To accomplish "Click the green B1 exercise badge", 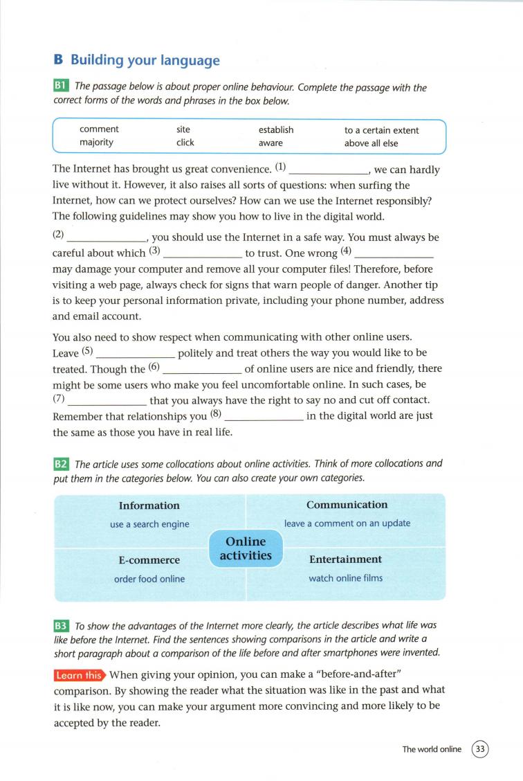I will (x=62, y=87).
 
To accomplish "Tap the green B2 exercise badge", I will (x=62, y=464).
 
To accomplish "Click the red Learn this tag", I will (x=79, y=674).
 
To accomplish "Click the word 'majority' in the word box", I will (x=96, y=143).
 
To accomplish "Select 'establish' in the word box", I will (x=276, y=129).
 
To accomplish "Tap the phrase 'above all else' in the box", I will (x=371, y=143).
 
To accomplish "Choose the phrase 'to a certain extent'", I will (x=382, y=129).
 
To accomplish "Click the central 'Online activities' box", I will (x=246, y=548).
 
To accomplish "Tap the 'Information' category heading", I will (x=149, y=505).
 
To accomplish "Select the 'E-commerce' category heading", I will (x=149, y=559).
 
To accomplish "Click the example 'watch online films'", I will (x=345, y=578).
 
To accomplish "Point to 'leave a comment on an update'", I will (x=347, y=523).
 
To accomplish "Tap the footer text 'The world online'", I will (x=432, y=749).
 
